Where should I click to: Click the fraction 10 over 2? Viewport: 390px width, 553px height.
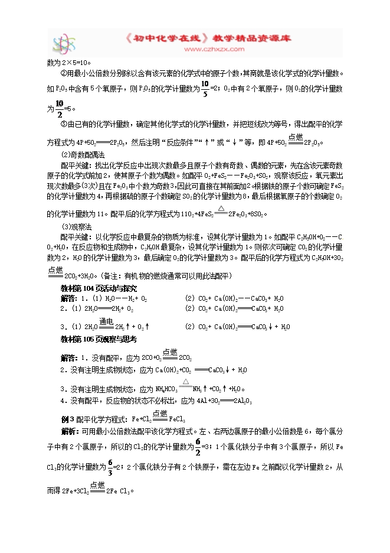point(58,108)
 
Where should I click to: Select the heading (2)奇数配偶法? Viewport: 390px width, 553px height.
point(82,155)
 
